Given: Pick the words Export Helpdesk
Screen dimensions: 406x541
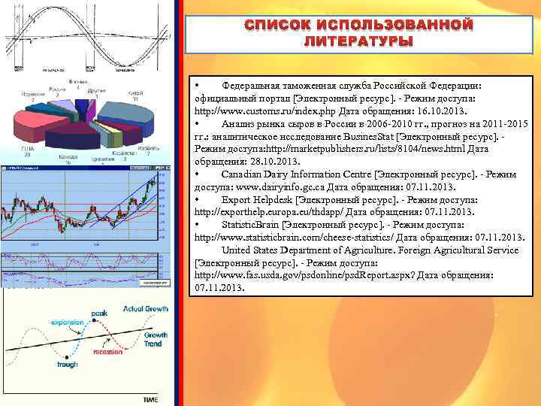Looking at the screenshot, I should point(257,199).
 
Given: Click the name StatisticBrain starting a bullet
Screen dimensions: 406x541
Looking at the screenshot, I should point(250,224).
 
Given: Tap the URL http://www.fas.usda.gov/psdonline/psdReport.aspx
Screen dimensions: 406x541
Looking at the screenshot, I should point(299,275).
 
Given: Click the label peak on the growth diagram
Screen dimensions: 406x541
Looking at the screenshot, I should point(99,312).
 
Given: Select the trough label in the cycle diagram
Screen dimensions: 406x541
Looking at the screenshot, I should point(67,364).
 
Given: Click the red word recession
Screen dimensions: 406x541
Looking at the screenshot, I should point(108,351).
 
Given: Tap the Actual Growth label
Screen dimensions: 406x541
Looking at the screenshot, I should point(145,308).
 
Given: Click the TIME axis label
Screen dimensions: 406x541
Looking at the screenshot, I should point(150,399).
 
